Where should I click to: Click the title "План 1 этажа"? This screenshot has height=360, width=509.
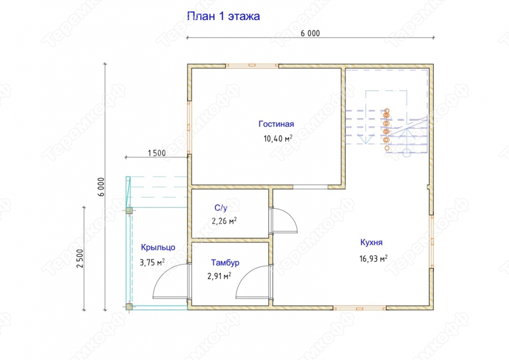point(224,16)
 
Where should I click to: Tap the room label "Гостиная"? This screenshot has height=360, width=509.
point(276,124)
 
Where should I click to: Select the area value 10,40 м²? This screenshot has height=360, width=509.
point(278,138)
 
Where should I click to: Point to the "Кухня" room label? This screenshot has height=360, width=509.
point(371,242)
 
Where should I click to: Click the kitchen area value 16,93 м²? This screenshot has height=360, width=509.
point(373,258)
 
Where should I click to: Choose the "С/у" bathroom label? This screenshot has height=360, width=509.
point(221,207)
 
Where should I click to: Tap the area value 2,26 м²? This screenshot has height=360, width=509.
point(224,221)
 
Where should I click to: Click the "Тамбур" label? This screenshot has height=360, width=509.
point(225,262)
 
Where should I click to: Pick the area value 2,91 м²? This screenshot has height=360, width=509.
point(220,276)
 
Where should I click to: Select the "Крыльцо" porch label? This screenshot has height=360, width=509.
point(158,247)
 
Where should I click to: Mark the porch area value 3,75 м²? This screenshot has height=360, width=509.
point(152,262)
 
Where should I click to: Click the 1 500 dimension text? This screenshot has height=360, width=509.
point(157,153)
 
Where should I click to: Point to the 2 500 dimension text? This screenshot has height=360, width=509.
point(80,258)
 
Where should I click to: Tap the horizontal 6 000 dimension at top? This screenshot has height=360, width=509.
point(310,33)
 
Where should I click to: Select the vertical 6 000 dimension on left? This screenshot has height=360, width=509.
point(101,187)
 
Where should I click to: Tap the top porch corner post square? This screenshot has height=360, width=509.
point(129,210)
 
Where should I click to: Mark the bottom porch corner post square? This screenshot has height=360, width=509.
point(129,306)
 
